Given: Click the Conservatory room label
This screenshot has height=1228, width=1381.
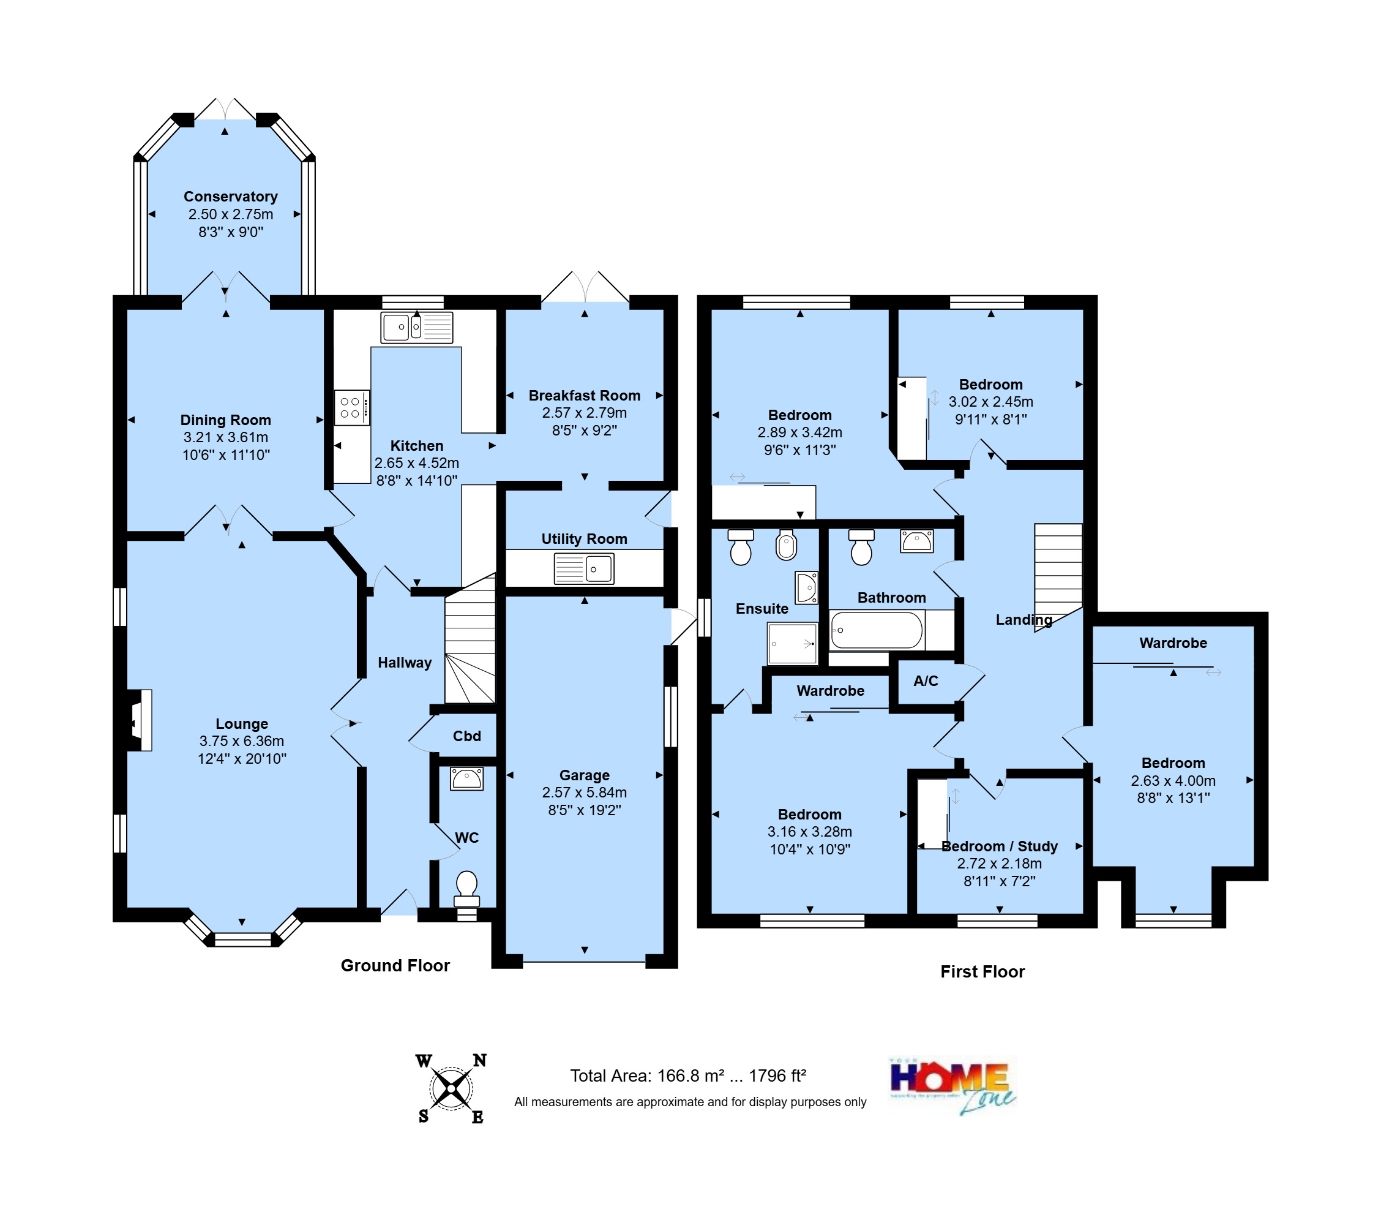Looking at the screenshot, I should [x=230, y=197].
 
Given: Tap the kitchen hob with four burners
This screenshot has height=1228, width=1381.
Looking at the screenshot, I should [x=351, y=407].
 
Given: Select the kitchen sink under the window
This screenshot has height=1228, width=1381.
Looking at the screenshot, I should [x=416, y=328].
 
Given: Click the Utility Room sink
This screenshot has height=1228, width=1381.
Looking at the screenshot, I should [x=584, y=568].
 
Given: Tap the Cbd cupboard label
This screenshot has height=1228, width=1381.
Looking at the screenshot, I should [x=467, y=736].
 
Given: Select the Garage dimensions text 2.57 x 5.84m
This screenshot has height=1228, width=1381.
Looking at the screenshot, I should [x=584, y=792].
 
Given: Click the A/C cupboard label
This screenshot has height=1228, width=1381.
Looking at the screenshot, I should [x=926, y=681].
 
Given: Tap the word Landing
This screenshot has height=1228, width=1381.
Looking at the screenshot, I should [x=1023, y=620].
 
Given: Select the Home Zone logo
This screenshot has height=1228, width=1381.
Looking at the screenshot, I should [x=952, y=1085].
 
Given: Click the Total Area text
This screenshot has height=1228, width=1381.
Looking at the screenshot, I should [x=688, y=1075].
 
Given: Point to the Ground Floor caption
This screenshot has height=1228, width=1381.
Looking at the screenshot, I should [x=395, y=965].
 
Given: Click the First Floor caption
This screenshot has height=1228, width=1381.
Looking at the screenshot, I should [x=982, y=971].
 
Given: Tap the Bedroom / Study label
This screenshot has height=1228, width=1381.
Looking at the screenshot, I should [x=999, y=846].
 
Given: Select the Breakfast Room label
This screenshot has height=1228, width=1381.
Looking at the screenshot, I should [x=584, y=396].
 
